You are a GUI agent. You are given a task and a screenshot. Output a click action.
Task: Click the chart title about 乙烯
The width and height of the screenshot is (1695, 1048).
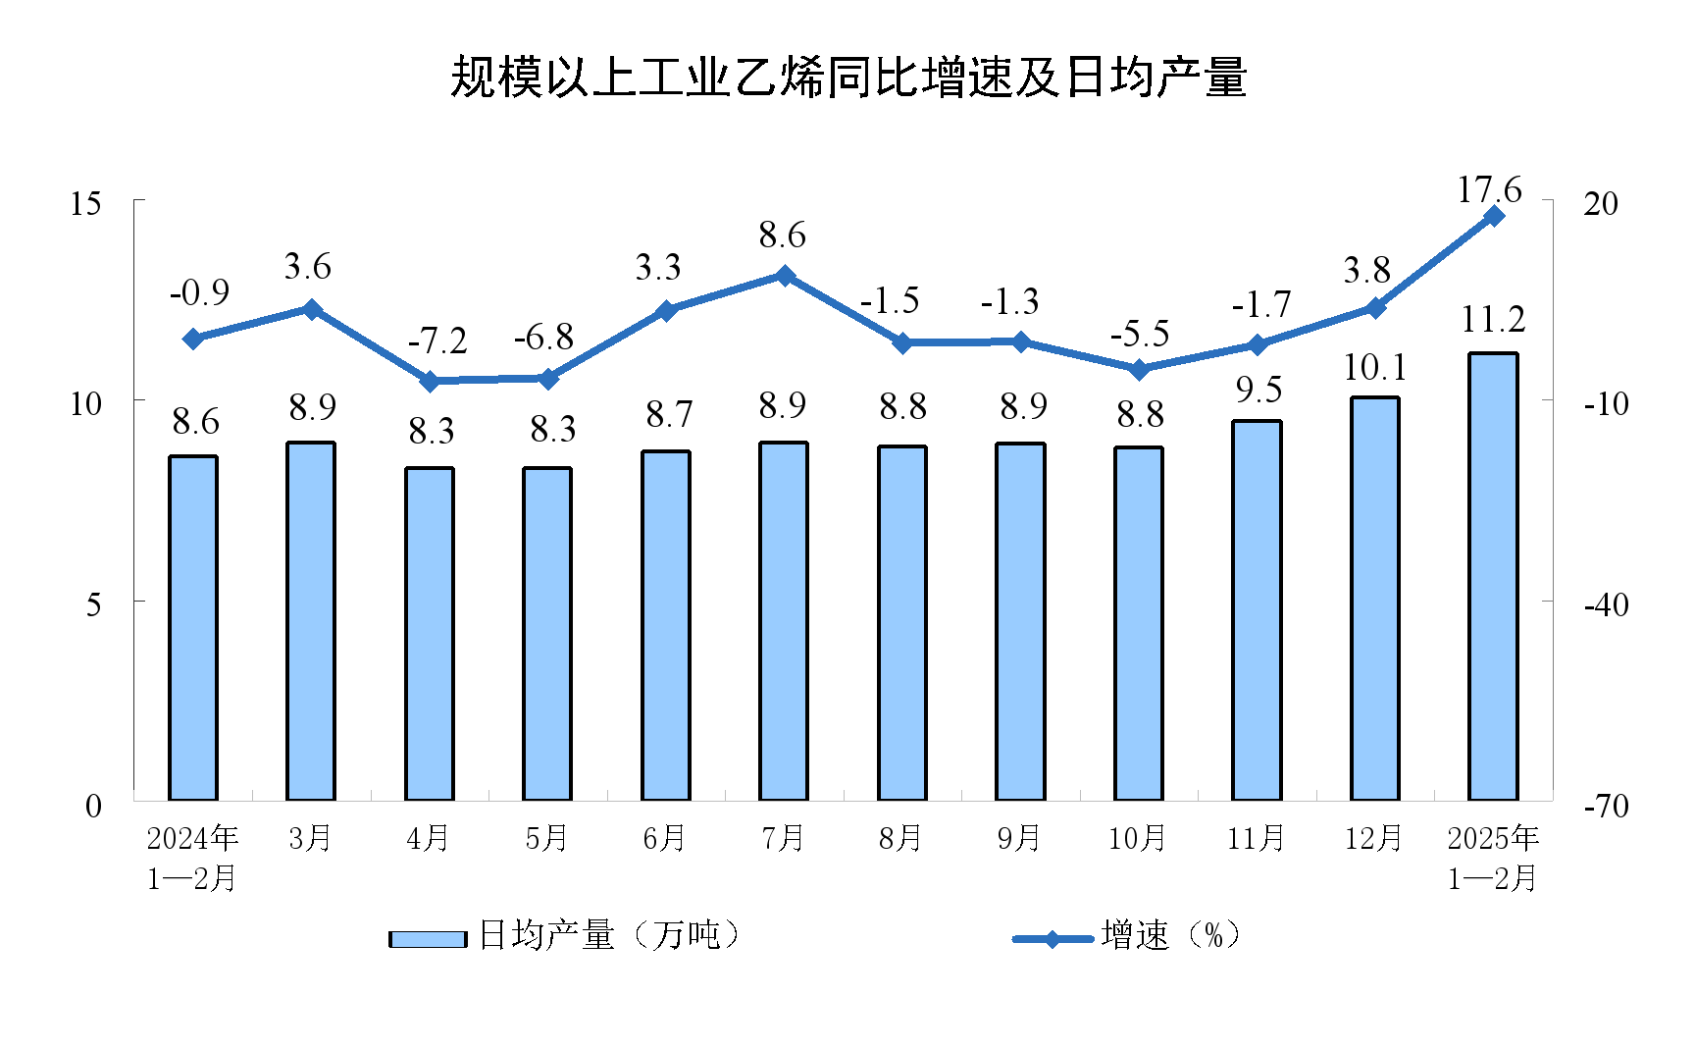[847, 77]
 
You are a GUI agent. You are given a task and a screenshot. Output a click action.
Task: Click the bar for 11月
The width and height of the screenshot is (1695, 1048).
[1257, 610]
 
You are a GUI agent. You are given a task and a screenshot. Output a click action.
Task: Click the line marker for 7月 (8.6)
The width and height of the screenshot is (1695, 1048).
[785, 276]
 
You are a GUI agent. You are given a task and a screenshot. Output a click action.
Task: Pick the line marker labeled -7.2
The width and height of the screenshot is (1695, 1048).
[430, 381]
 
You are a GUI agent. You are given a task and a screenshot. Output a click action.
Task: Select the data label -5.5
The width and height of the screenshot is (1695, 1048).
[1140, 335]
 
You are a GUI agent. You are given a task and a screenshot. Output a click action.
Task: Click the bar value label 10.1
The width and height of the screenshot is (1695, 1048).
[1374, 368]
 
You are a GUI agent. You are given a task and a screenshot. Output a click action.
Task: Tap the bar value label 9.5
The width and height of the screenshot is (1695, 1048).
[1258, 391]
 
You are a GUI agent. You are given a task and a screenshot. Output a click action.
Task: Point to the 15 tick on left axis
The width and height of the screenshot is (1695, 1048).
[86, 203]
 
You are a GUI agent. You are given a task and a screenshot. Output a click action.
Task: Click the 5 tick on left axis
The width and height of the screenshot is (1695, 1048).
[93, 603]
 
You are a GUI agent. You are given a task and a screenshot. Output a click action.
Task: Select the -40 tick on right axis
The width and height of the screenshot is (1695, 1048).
[1606, 604]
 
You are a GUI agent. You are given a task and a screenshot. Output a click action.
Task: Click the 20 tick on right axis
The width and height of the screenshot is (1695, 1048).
[1601, 203]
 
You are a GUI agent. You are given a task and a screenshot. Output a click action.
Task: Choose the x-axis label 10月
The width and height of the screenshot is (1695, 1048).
[1137, 838]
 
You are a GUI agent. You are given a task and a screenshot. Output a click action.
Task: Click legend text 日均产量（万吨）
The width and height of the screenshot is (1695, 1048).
[608, 935]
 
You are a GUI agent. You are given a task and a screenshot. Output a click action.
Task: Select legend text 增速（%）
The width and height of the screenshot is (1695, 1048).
[1170, 935]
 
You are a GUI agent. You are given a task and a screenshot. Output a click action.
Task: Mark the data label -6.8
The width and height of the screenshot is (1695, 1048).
[543, 338]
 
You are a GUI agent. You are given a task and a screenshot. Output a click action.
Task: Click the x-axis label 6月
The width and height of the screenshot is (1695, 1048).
[665, 838]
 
